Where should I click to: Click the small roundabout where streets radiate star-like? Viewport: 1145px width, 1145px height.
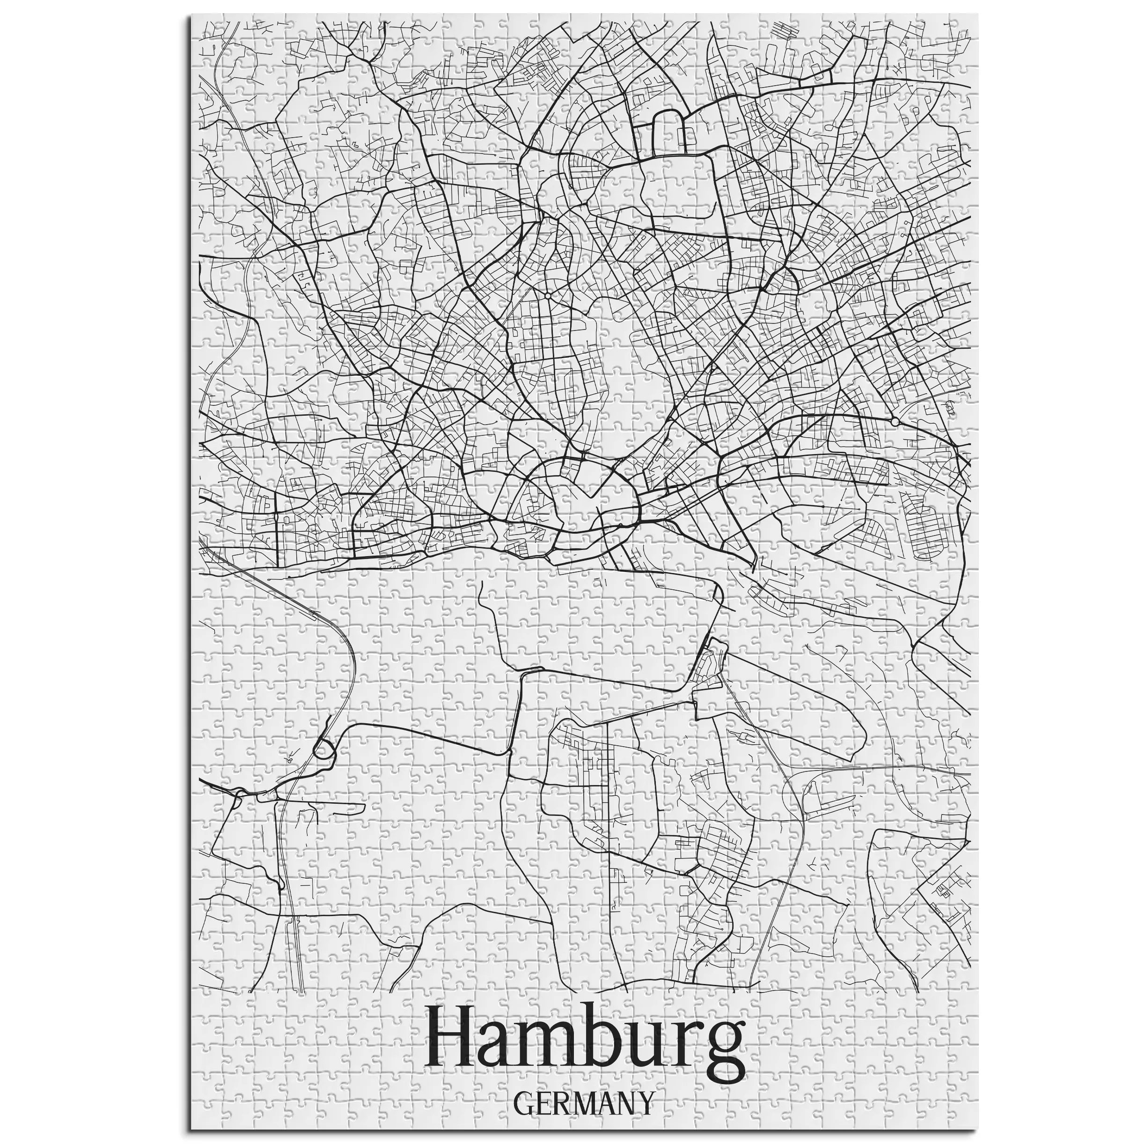point(548,294)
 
